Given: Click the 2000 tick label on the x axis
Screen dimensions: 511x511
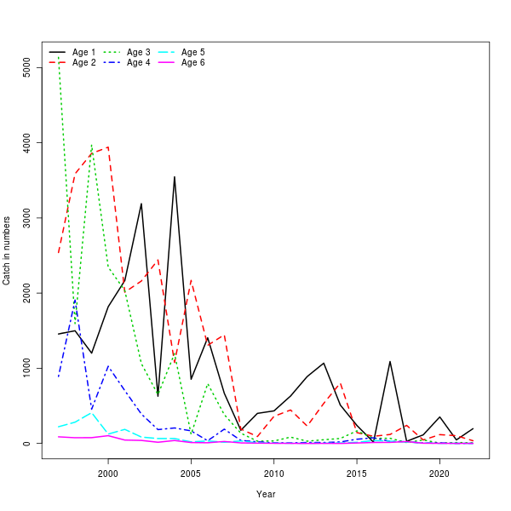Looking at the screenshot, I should pos(108,474).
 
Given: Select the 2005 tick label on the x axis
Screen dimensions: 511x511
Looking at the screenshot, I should pos(191,474).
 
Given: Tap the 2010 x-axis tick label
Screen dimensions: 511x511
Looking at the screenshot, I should pos(273,474).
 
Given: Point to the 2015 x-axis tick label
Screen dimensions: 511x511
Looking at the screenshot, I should pos(356,474).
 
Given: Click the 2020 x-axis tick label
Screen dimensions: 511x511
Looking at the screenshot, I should pos(439,474).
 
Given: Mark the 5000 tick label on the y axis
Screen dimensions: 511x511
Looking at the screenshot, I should pos(27,68).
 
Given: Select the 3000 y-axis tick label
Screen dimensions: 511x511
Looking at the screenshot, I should pos(27,218).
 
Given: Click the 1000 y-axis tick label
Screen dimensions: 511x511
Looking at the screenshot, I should pos(27,368).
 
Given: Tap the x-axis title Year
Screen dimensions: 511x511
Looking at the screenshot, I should pos(266,494).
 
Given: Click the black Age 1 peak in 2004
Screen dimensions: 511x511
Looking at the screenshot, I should pos(175,177).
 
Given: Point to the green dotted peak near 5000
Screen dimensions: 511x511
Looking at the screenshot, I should pos(59,57).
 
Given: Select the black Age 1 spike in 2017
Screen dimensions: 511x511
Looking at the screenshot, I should pos(389,361).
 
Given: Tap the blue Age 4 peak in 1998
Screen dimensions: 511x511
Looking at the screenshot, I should pos(75,299).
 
